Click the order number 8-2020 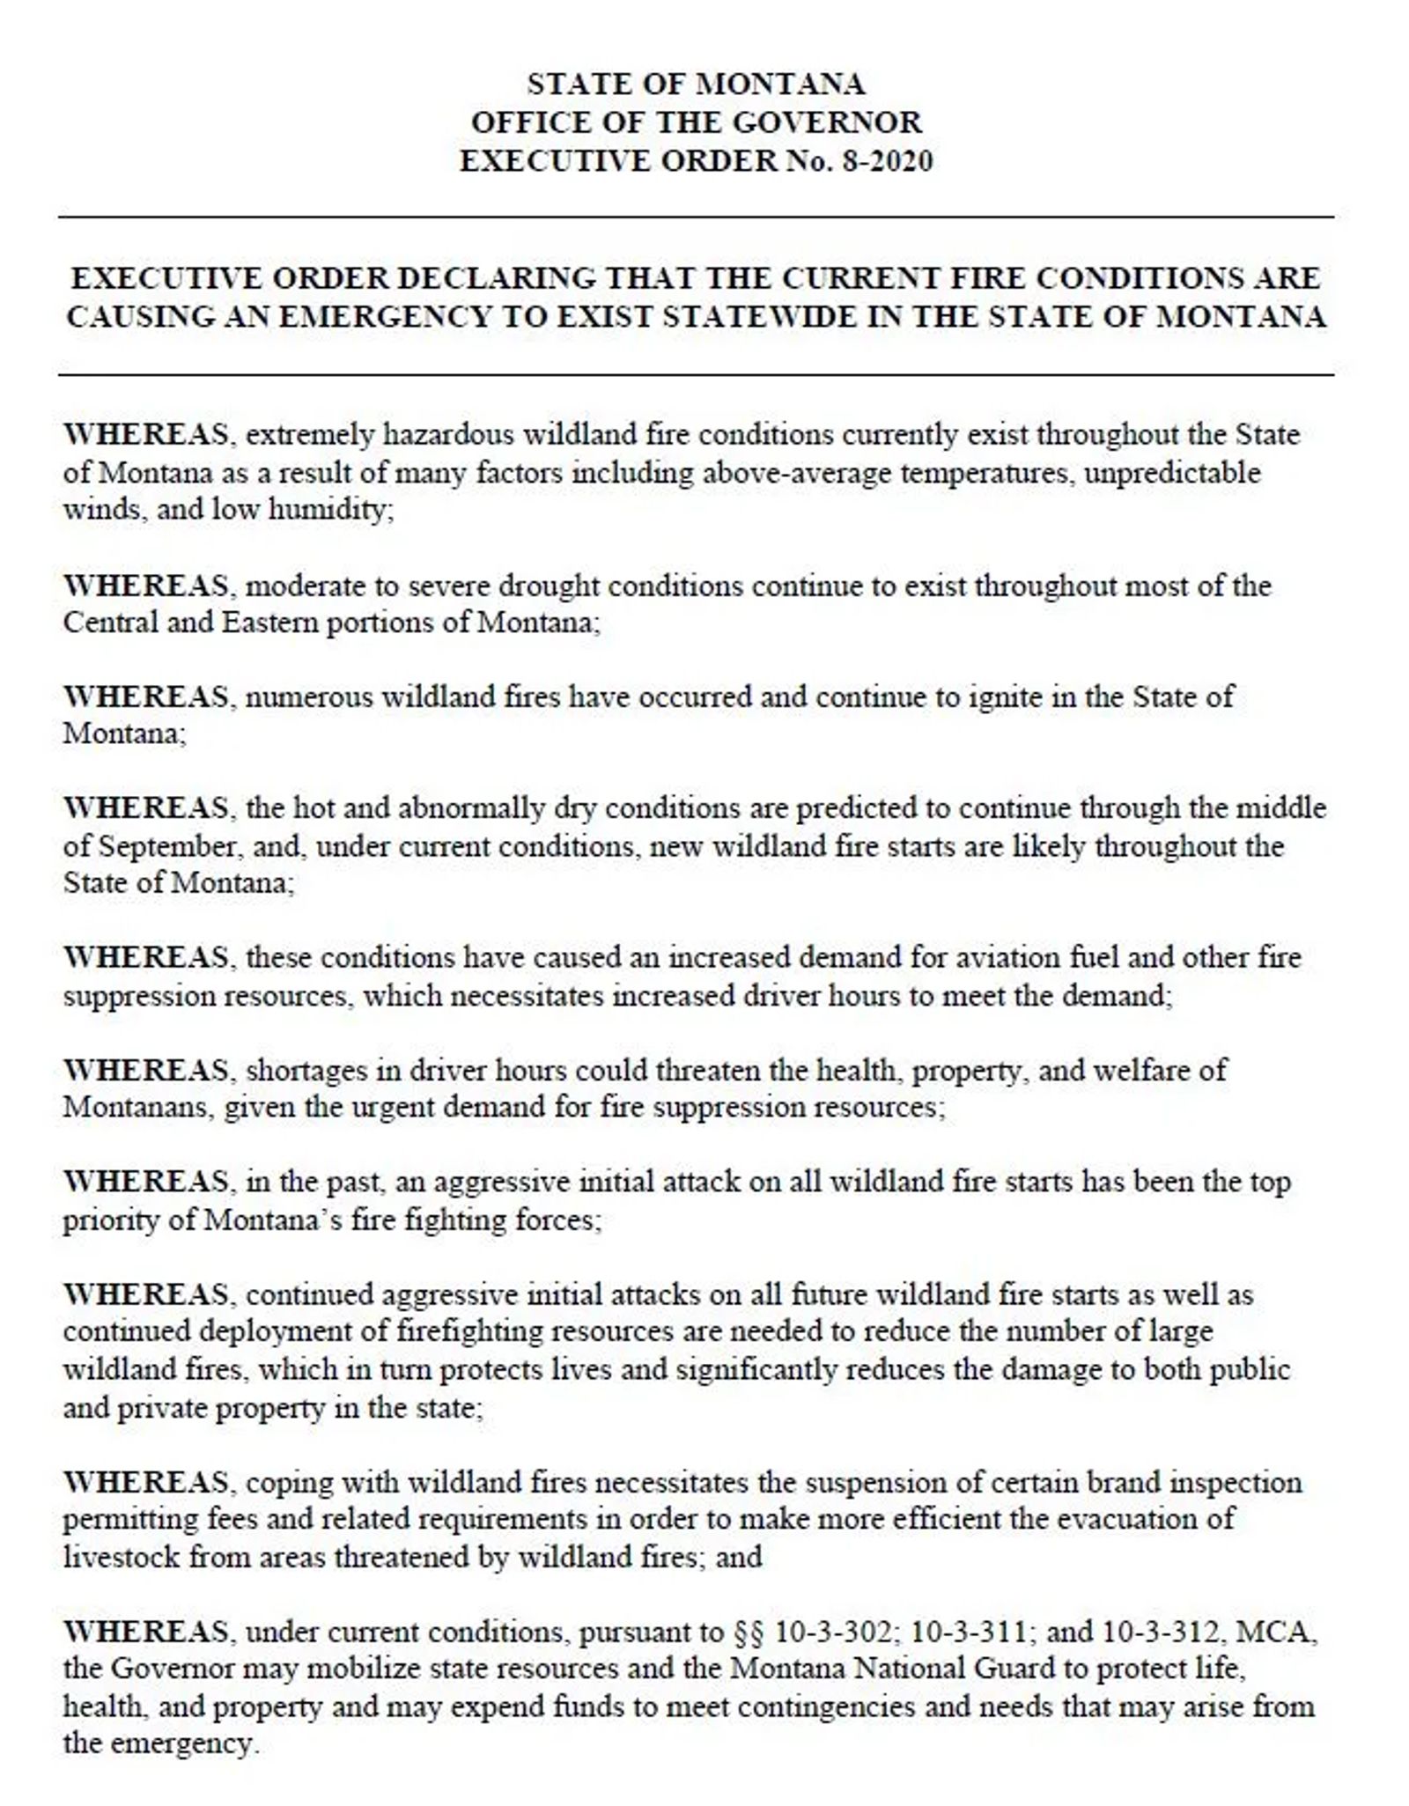(887, 161)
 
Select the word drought (548, 586)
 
